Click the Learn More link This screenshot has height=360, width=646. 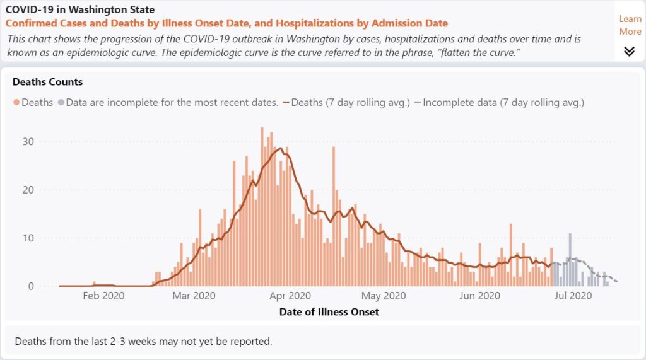pos(630,25)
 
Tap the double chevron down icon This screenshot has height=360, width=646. pos(629,51)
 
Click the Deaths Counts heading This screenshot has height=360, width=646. pos(47,82)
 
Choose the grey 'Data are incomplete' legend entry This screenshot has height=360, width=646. pos(168,102)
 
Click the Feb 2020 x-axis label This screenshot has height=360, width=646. pos(103,295)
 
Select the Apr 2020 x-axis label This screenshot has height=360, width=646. pos(290,295)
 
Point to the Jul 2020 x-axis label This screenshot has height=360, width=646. pos(572,295)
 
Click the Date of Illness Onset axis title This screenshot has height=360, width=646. pos(329,311)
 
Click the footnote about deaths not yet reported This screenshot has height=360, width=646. pos(143,342)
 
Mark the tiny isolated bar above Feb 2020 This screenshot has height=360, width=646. pos(94,284)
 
